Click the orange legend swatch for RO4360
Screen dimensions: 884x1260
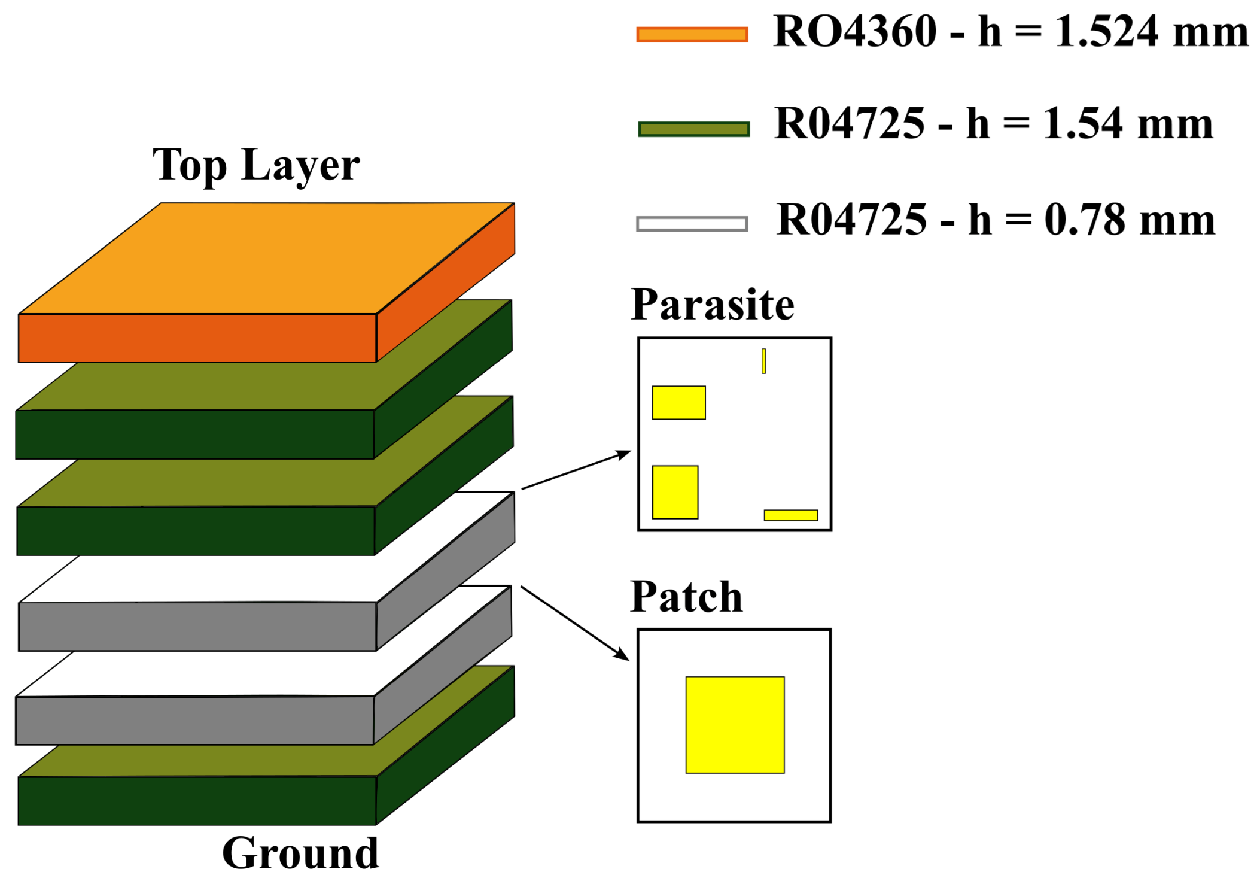pyautogui.click(x=692, y=34)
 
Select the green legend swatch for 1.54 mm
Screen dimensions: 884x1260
pyautogui.click(x=693, y=129)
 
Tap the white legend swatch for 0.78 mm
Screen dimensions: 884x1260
pyautogui.click(x=692, y=224)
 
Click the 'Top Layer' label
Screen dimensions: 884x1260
pyautogui.click(x=255, y=165)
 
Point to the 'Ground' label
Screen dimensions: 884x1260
pyautogui.click(x=300, y=853)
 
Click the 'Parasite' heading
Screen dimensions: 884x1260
pyautogui.click(x=712, y=305)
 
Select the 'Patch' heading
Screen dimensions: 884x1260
pyautogui.click(x=686, y=597)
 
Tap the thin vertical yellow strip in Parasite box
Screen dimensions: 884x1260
pyautogui.click(x=763, y=361)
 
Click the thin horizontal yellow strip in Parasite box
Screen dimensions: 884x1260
pyautogui.click(x=790, y=515)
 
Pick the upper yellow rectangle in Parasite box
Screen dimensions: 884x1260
pyautogui.click(x=678, y=402)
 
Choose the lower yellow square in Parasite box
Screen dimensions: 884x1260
pyautogui.click(x=675, y=491)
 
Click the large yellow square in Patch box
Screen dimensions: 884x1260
pyautogui.click(x=735, y=725)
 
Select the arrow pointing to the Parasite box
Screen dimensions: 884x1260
pyautogui.click(x=576, y=470)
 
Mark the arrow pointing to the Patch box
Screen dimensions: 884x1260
pyautogui.click(x=574, y=623)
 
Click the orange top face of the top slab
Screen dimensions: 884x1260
pyautogui.click(x=263, y=257)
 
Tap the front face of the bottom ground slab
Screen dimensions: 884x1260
pyautogui.click(x=197, y=800)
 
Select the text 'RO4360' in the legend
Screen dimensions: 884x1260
pyautogui.click(x=854, y=31)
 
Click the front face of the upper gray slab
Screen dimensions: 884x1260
pyautogui.click(x=197, y=626)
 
